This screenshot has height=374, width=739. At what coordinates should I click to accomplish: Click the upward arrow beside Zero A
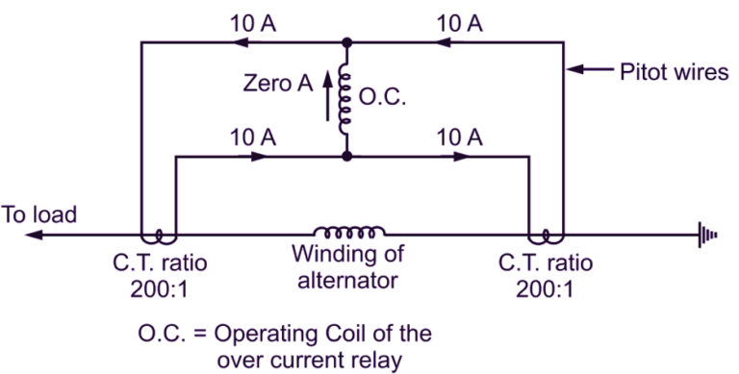pyautogui.click(x=327, y=96)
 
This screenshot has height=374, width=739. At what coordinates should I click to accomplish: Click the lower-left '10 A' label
pyautogui.click(x=253, y=137)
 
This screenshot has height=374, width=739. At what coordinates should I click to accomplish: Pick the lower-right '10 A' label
pyautogui.click(x=459, y=137)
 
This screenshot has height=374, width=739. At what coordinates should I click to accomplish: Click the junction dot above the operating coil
pyautogui.click(x=346, y=42)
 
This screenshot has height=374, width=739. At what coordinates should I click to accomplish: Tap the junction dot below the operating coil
pyautogui.click(x=346, y=156)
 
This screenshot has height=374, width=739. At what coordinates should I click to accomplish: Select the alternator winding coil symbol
pyautogui.click(x=348, y=232)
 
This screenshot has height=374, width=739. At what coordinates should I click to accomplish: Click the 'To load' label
pyautogui.click(x=38, y=214)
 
